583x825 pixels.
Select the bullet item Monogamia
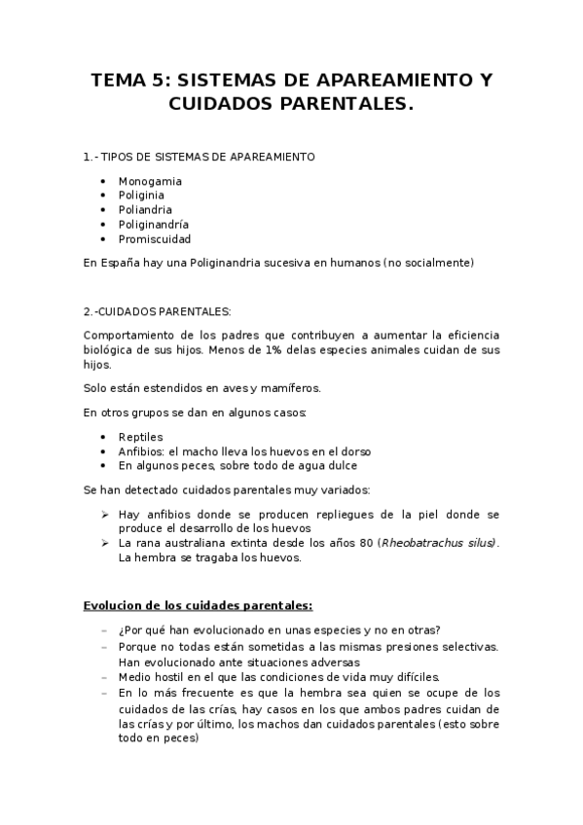coord(150,181)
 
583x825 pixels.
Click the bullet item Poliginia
coord(144,196)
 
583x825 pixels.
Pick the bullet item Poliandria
coord(146,210)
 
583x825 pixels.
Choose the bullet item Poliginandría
coord(154,225)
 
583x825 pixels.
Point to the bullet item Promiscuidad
coord(155,239)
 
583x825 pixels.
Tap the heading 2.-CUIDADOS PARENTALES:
coord(158,312)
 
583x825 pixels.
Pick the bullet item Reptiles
coord(141,437)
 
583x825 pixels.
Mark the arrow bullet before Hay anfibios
coord(104,513)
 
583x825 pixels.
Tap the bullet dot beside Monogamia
coord(104,181)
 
